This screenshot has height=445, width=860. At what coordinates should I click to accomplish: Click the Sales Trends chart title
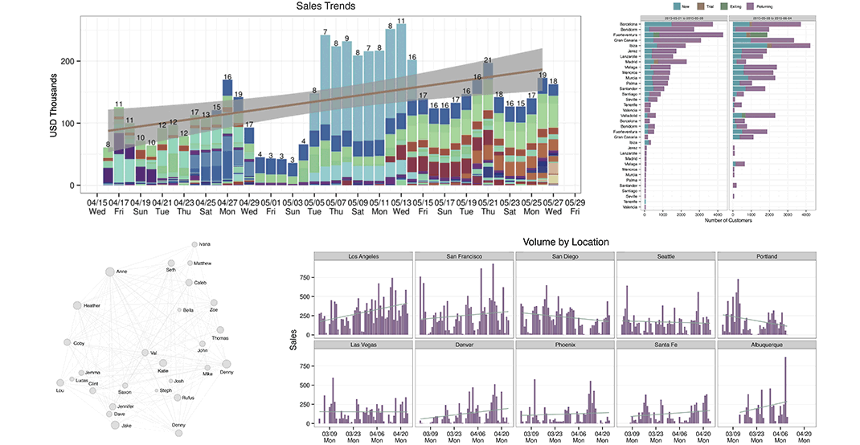[326, 6]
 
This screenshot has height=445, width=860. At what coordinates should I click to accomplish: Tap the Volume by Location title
[566, 241]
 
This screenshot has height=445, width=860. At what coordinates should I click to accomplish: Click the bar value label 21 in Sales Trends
[488, 60]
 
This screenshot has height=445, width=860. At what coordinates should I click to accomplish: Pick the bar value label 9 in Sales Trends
[347, 39]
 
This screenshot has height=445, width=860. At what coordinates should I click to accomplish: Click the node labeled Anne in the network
[110, 272]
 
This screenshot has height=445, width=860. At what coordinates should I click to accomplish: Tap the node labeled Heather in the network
[78, 305]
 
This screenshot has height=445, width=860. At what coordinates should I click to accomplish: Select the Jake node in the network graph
[115, 425]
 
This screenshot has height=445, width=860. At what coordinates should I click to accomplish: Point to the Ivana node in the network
[194, 243]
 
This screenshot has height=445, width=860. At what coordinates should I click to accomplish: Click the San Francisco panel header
[464, 256]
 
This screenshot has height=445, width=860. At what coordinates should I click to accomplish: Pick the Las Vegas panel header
[363, 345]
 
